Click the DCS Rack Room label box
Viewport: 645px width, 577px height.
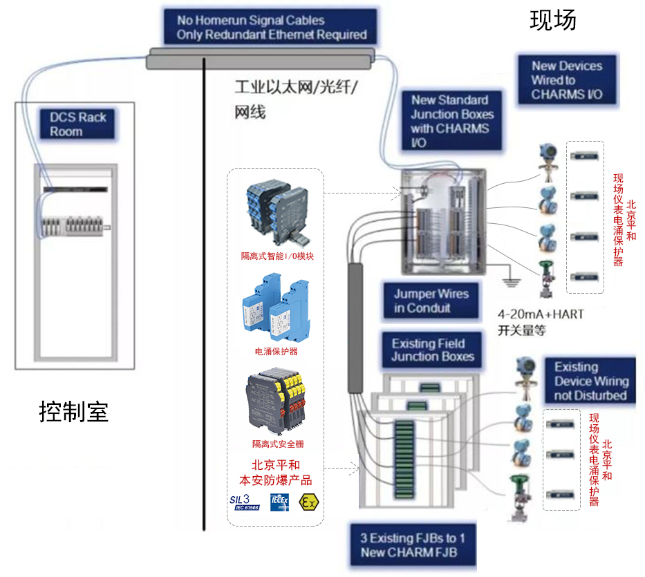pos(77,124)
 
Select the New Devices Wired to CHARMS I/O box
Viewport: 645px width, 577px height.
pos(567,80)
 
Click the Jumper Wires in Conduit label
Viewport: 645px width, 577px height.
pos(431,301)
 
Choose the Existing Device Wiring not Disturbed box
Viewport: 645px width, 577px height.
pos(591,381)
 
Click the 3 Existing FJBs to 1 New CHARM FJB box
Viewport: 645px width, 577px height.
pos(413,545)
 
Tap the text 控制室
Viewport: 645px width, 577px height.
pos(74,413)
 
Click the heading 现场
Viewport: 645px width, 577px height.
pos(552,21)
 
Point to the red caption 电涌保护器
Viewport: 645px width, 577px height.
pos(277,351)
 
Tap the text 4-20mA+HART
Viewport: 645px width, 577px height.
pos(541,314)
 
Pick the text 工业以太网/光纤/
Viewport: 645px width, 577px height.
pos(299,89)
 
